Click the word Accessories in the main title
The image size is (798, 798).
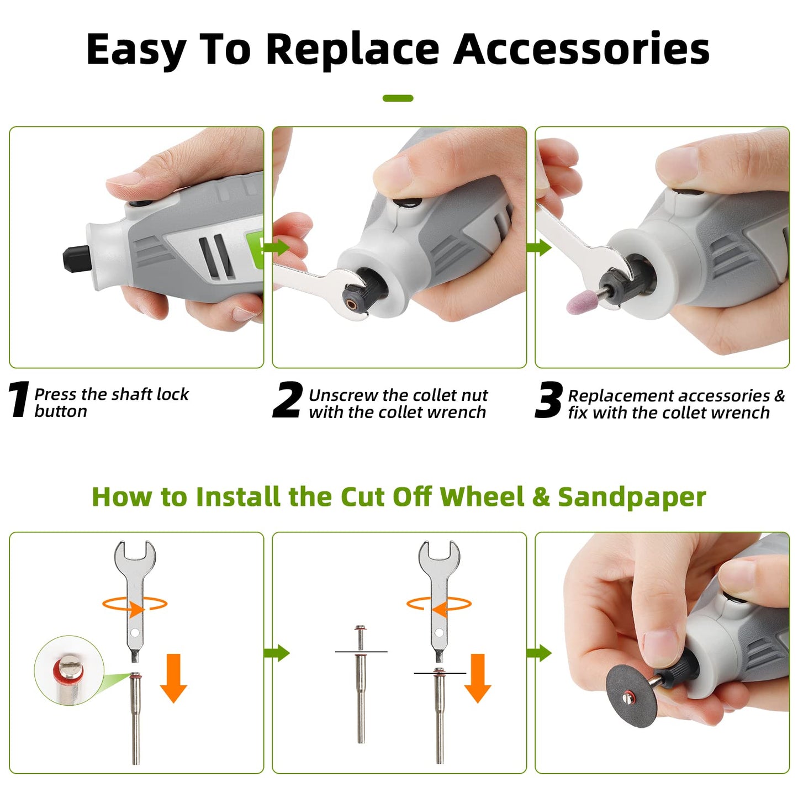(x=582, y=49)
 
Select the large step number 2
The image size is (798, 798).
(x=287, y=400)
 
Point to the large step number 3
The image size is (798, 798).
(x=549, y=400)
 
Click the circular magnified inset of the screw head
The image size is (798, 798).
(x=68, y=670)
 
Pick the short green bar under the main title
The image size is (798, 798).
(x=398, y=98)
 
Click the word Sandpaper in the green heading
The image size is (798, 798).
(x=632, y=498)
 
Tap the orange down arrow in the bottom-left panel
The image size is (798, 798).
(x=173, y=678)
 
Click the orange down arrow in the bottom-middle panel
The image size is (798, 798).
(x=478, y=678)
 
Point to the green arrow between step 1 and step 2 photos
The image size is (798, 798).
(x=277, y=247)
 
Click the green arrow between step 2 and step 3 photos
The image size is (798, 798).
(x=539, y=247)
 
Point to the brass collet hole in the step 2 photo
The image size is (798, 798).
(x=352, y=304)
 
